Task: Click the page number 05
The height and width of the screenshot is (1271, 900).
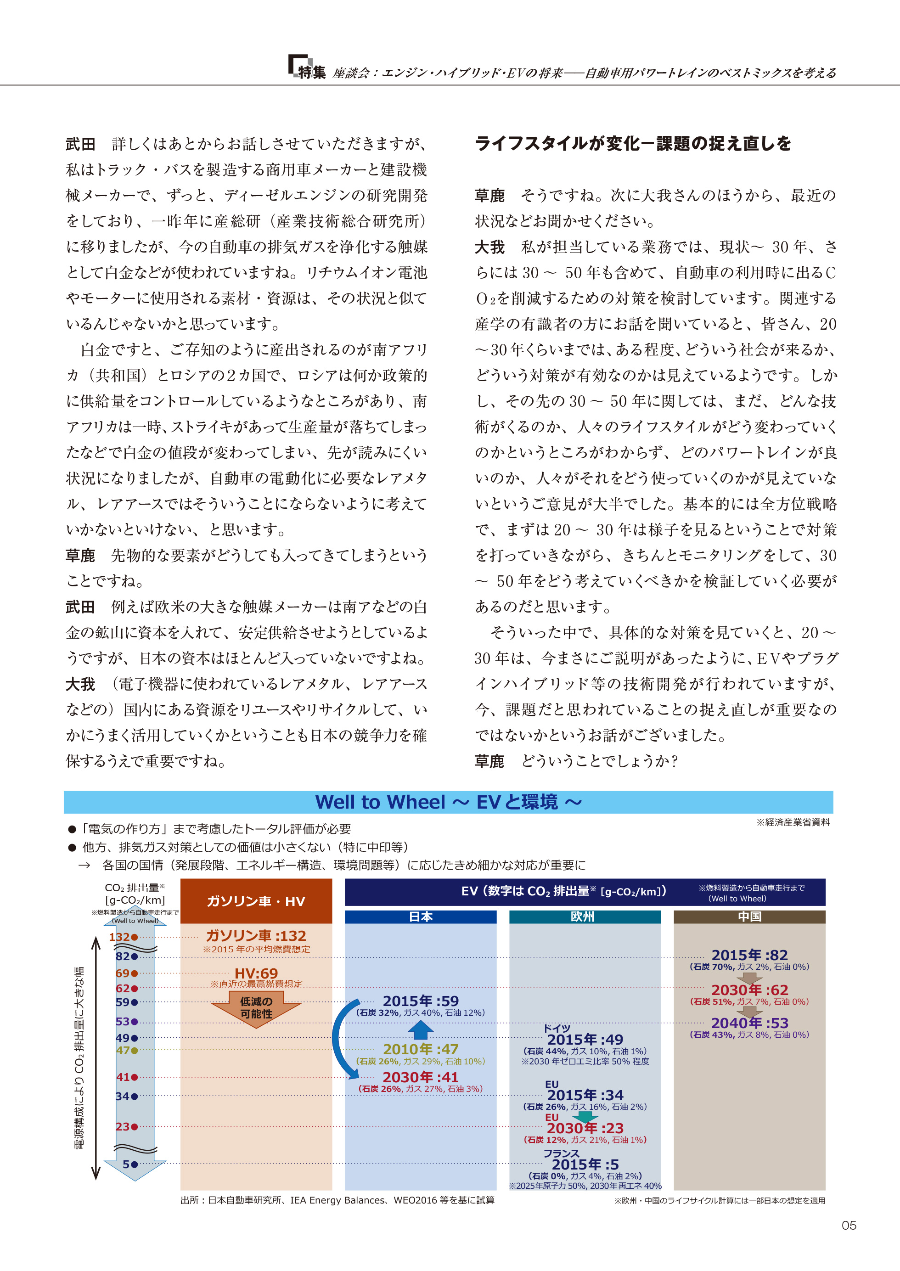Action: pos(849,1225)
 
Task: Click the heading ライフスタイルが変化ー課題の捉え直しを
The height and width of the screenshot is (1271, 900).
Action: pos(632,144)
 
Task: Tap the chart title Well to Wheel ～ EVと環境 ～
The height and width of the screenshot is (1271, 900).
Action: pos(448,802)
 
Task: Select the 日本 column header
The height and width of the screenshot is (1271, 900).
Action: pos(420,917)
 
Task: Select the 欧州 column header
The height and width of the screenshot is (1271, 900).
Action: pos(584,917)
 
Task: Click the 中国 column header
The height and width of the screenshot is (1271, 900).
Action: pos(749,917)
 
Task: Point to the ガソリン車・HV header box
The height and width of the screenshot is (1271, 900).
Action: pos(256,901)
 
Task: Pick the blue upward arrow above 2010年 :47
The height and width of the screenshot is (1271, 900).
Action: pos(421,1030)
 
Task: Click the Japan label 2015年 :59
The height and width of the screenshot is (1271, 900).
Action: pos(421,1001)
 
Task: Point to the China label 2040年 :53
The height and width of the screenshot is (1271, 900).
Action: pos(749,1023)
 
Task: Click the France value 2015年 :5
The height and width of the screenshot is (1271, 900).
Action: pos(585,1164)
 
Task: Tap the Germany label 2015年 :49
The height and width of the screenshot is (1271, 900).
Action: pos(585,1040)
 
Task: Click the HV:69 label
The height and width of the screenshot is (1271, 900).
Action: pos(256,973)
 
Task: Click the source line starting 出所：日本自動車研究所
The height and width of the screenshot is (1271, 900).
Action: pos(337,1200)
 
